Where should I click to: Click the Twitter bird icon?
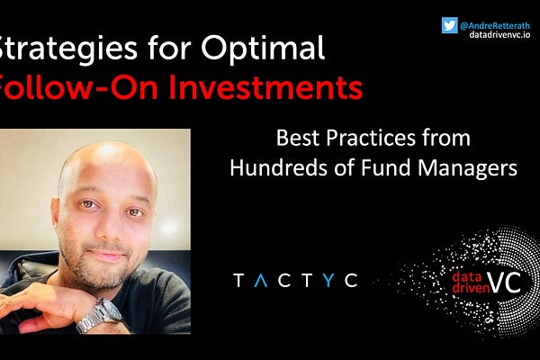449,25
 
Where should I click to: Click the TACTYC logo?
294,281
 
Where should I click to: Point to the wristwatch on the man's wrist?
99,315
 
